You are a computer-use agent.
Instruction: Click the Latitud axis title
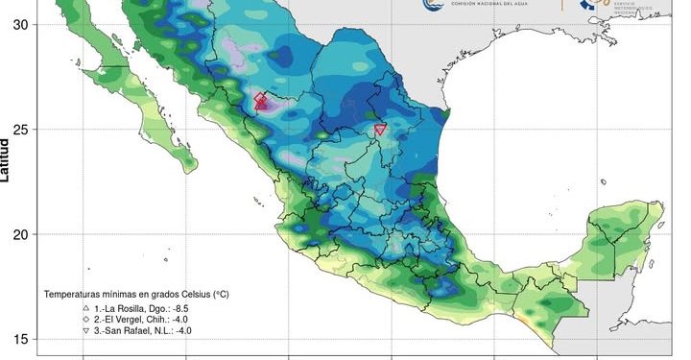tap(7, 158)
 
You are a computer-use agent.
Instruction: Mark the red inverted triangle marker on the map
tap(380, 130)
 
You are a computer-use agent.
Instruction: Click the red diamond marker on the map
tap(261, 100)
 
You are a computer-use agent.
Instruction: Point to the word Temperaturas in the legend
tap(76, 293)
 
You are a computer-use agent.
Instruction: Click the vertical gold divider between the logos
tap(563, 5)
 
